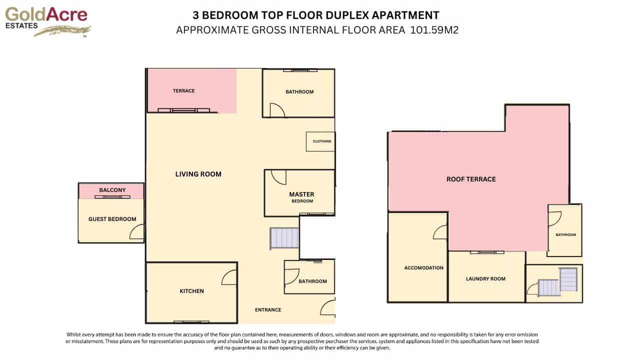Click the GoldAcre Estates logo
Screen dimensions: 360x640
47,21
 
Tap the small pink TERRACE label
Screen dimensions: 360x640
183,91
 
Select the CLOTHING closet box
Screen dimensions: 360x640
320,141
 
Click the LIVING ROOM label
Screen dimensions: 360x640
198,174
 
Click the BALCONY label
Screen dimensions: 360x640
112,190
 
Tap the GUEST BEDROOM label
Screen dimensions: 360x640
112,219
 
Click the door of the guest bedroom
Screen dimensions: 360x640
137,232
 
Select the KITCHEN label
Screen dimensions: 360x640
192,291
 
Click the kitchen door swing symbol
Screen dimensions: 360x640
229,277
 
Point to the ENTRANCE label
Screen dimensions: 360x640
268,309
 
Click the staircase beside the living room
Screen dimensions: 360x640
284,238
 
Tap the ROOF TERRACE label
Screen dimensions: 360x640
471,179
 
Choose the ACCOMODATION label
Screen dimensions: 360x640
423,267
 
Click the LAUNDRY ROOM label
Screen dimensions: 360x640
485,279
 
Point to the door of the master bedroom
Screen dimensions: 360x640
278,177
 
